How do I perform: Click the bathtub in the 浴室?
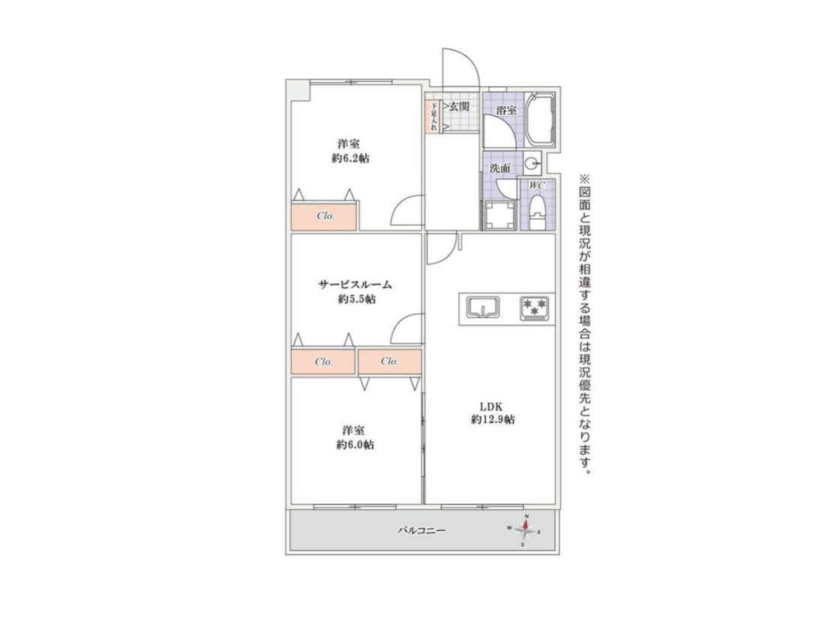(540, 119)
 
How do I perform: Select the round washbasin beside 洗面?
(532, 163)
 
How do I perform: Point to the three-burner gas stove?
(535, 308)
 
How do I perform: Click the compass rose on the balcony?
(524, 530)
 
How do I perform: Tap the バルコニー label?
(421, 530)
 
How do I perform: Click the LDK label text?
(491, 407)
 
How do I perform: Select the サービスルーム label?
(355, 285)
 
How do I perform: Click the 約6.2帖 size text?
(350, 158)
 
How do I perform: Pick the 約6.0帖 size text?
(355, 445)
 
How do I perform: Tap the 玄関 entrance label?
(459, 107)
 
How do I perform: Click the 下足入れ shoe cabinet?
(433, 116)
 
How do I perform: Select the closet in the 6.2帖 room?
(324, 215)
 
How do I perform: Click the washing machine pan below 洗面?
(499, 216)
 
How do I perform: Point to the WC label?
(537, 185)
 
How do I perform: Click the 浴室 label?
(507, 110)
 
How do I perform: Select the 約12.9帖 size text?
(493, 419)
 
